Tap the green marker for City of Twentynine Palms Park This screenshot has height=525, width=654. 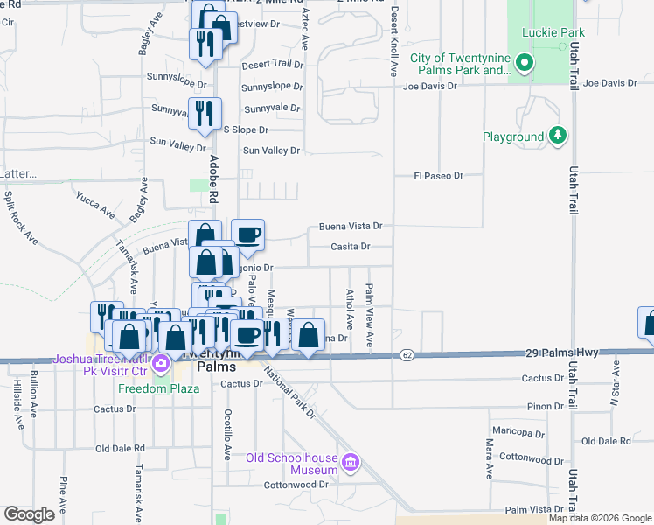point(525,62)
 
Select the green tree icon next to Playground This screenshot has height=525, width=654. point(556,136)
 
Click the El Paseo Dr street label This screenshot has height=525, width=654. point(437,176)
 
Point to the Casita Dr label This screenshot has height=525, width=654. point(351,247)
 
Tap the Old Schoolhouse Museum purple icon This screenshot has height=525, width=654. point(351,461)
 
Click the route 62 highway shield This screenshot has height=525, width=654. point(407,354)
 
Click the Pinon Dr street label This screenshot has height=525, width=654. point(546,407)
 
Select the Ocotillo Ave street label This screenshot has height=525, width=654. point(226,433)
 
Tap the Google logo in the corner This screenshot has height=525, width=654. point(30,514)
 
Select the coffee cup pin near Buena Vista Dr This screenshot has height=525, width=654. point(247,234)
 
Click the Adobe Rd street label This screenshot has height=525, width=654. point(213,174)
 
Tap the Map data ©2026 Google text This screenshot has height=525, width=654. point(599,518)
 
